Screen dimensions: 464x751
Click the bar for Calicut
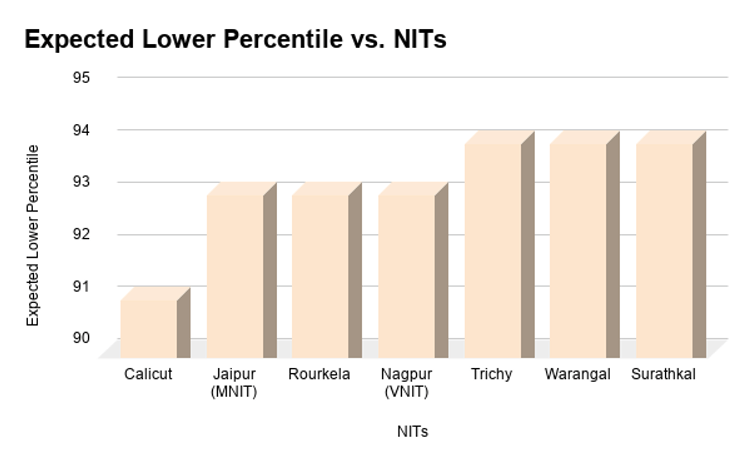(x=149, y=328)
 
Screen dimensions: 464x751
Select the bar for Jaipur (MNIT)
(x=235, y=276)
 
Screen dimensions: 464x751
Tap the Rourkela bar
(x=320, y=276)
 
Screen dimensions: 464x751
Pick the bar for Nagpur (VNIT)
(x=407, y=276)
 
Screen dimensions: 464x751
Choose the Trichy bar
(x=493, y=250)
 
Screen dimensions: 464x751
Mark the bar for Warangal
(x=578, y=250)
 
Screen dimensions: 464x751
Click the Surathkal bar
(x=665, y=250)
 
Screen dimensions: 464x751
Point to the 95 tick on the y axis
(x=83, y=78)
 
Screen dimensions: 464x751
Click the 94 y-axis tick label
(x=83, y=130)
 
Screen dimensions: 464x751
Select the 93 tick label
(x=83, y=182)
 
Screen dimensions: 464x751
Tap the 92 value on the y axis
(x=83, y=235)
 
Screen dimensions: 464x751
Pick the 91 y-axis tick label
(x=83, y=286)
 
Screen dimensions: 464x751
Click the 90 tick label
(x=83, y=338)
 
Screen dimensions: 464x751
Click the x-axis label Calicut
(x=148, y=375)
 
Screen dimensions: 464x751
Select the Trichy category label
(x=492, y=375)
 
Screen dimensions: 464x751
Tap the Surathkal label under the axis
(x=663, y=375)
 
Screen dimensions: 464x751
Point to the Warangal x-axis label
(x=578, y=375)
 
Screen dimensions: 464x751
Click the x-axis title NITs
(x=412, y=431)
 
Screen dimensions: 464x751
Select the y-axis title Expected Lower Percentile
(x=33, y=235)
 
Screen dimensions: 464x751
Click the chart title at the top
(x=235, y=39)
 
